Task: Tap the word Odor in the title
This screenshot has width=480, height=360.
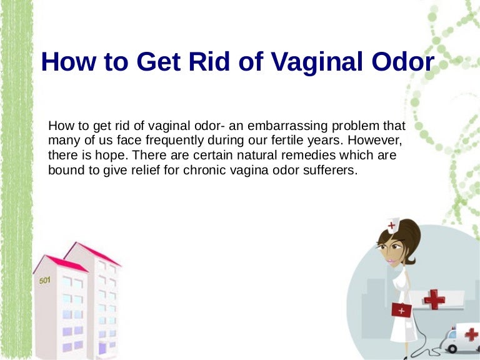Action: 403,62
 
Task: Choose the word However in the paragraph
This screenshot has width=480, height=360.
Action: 375,141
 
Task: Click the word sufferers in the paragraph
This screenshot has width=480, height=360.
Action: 330,170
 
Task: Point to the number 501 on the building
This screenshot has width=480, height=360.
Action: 45,280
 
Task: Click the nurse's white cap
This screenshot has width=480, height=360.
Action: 392,225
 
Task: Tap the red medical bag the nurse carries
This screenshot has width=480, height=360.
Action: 402,310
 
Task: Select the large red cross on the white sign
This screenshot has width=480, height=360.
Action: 434,299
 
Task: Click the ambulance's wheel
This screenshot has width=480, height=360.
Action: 452,348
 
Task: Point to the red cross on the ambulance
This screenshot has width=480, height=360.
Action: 471,334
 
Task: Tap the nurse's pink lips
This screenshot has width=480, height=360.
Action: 391,261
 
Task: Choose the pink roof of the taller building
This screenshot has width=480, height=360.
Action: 93,254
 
